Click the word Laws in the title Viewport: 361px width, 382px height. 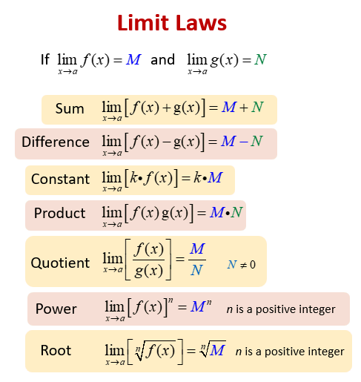pos(202,23)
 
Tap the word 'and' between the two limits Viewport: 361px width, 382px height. pos(162,59)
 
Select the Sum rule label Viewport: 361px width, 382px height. pos(70,109)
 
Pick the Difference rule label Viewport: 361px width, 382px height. pos(56,142)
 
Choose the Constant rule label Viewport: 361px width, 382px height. pos(60,179)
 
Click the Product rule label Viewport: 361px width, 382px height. pos(59,213)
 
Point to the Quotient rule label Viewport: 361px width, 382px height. pos(60,263)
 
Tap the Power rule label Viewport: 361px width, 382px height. pos(56,309)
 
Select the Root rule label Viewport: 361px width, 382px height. pos(56,350)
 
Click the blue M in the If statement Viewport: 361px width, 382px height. pos(133,59)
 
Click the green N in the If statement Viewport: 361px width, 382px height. pos(260,59)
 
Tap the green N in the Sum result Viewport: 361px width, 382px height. pos(257,108)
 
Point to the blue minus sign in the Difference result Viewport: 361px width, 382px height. pos(244,142)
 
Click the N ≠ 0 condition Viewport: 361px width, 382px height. pos(242,265)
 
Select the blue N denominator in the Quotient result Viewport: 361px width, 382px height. pos(197,270)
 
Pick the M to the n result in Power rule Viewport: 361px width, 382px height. pos(201,306)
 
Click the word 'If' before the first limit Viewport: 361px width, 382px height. pos(45,59)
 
